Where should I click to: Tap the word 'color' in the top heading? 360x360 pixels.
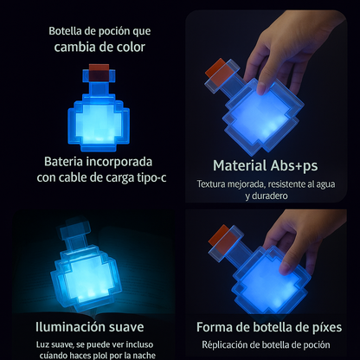(x=131, y=47)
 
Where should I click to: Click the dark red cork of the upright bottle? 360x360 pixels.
(x=99, y=72)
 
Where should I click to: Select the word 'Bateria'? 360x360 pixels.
(x=63, y=162)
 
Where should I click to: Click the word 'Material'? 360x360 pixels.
(x=240, y=165)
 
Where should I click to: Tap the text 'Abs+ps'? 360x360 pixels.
(x=294, y=166)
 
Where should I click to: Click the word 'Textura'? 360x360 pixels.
(x=211, y=184)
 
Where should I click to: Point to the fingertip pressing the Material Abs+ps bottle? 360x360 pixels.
(x=261, y=88)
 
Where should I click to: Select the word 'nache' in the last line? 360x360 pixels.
(x=145, y=356)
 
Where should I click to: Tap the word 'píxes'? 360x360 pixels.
(x=326, y=328)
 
